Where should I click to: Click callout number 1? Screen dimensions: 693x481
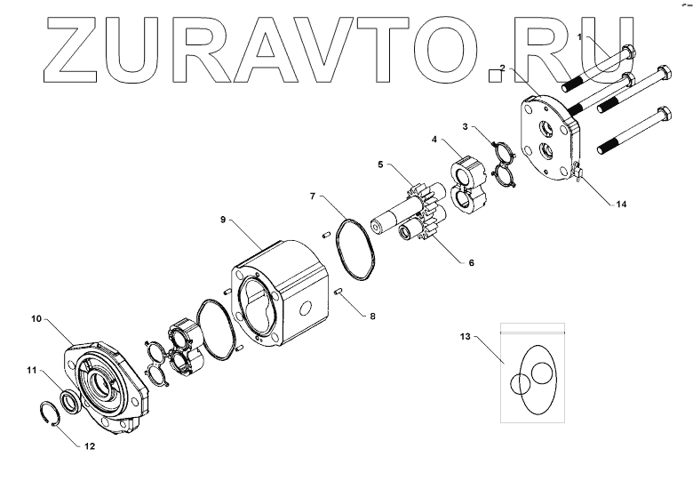click(580, 37)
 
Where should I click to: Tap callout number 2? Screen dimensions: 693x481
click(503, 68)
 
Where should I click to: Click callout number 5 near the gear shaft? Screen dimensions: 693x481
click(379, 164)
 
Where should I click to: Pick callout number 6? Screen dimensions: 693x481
click(472, 262)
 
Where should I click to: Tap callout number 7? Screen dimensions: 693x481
click(312, 195)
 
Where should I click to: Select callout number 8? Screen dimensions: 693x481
click(372, 315)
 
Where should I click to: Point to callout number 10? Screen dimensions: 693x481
click(37, 317)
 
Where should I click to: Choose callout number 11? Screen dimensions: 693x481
click(30, 370)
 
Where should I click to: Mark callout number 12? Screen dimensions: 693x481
click(89, 446)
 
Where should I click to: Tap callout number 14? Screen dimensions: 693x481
click(621, 204)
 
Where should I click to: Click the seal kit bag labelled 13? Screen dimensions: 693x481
click(530, 373)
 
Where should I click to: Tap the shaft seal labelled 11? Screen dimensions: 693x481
click(69, 399)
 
